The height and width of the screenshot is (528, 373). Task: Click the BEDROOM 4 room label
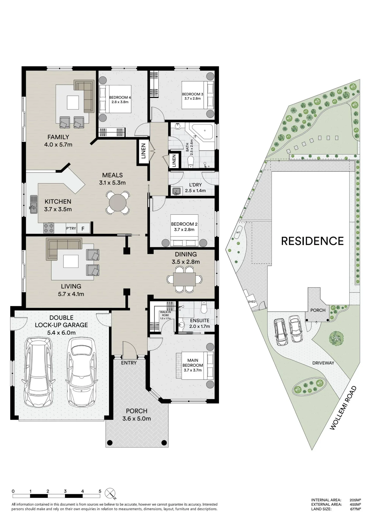tap(120, 97)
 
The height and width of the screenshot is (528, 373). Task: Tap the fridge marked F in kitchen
tap(83, 228)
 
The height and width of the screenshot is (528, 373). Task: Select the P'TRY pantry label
tap(71, 228)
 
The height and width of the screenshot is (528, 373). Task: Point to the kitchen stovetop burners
tap(49, 228)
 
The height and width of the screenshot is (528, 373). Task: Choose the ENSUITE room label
tap(200, 320)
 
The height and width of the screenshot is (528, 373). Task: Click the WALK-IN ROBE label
tap(166, 314)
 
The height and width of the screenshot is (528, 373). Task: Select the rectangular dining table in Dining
tap(185, 279)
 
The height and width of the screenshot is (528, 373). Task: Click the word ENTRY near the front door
tap(129, 363)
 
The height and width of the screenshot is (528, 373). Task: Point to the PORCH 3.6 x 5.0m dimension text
tap(136, 418)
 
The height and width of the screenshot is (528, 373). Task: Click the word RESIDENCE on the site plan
tap(312, 241)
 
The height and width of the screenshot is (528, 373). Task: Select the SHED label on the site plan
tap(252, 301)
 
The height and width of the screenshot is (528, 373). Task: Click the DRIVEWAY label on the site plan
tap(323, 363)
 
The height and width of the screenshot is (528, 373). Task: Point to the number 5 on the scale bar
tap(100, 491)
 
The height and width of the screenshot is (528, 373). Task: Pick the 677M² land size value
tap(356, 509)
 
